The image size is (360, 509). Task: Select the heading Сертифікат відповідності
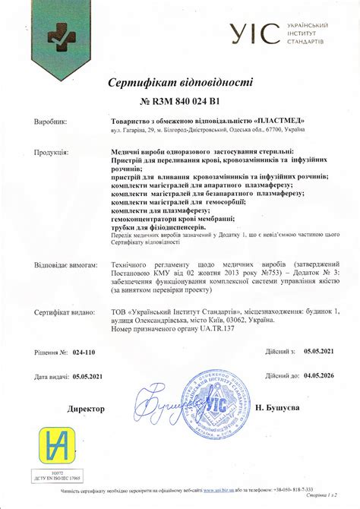click(180, 83)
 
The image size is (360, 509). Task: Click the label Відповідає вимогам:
click(65, 267)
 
